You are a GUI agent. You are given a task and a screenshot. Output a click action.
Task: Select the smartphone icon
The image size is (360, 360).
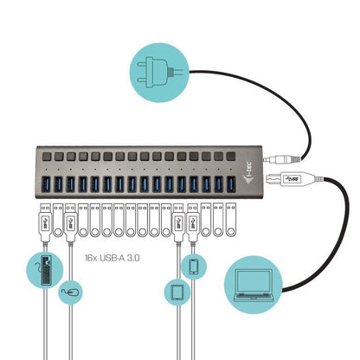click(194, 268)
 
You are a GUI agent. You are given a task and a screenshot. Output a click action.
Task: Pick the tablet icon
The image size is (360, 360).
click(176, 292)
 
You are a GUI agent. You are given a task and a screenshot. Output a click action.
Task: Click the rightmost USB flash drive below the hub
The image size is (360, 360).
click(231, 222)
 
